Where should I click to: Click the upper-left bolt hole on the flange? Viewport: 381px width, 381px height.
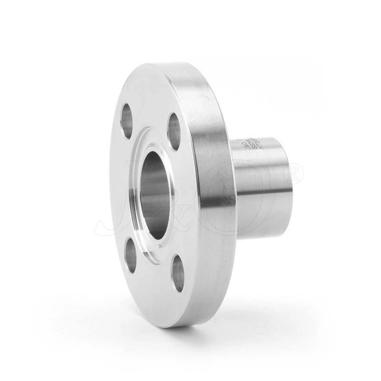[x=127, y=120]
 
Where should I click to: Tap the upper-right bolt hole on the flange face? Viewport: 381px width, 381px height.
[x=175, y=131]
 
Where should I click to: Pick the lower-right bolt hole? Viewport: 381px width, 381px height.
[x=178, y=273]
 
